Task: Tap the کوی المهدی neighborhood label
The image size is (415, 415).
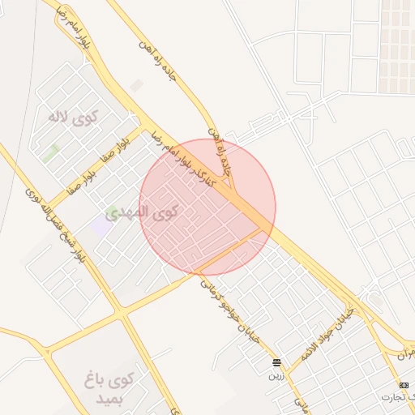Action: (154, 213)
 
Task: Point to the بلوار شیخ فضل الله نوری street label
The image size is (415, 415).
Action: (56, 229)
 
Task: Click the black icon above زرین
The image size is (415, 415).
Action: (277, 362)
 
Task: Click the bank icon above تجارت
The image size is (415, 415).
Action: (404, 383)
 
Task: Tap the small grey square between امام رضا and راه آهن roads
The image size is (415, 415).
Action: (137, 84)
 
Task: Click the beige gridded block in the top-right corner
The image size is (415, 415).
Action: (396, 45)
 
